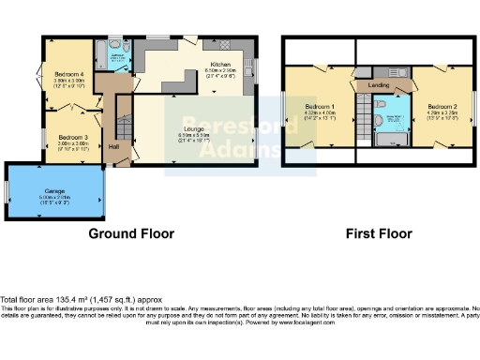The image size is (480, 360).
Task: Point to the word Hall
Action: point(113,147)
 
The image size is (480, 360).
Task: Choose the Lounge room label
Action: point(195,128)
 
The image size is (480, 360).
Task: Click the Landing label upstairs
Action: point(379,85)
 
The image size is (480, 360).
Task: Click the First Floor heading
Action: point(379,232)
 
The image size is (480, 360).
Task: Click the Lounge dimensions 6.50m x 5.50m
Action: point(195,135)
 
